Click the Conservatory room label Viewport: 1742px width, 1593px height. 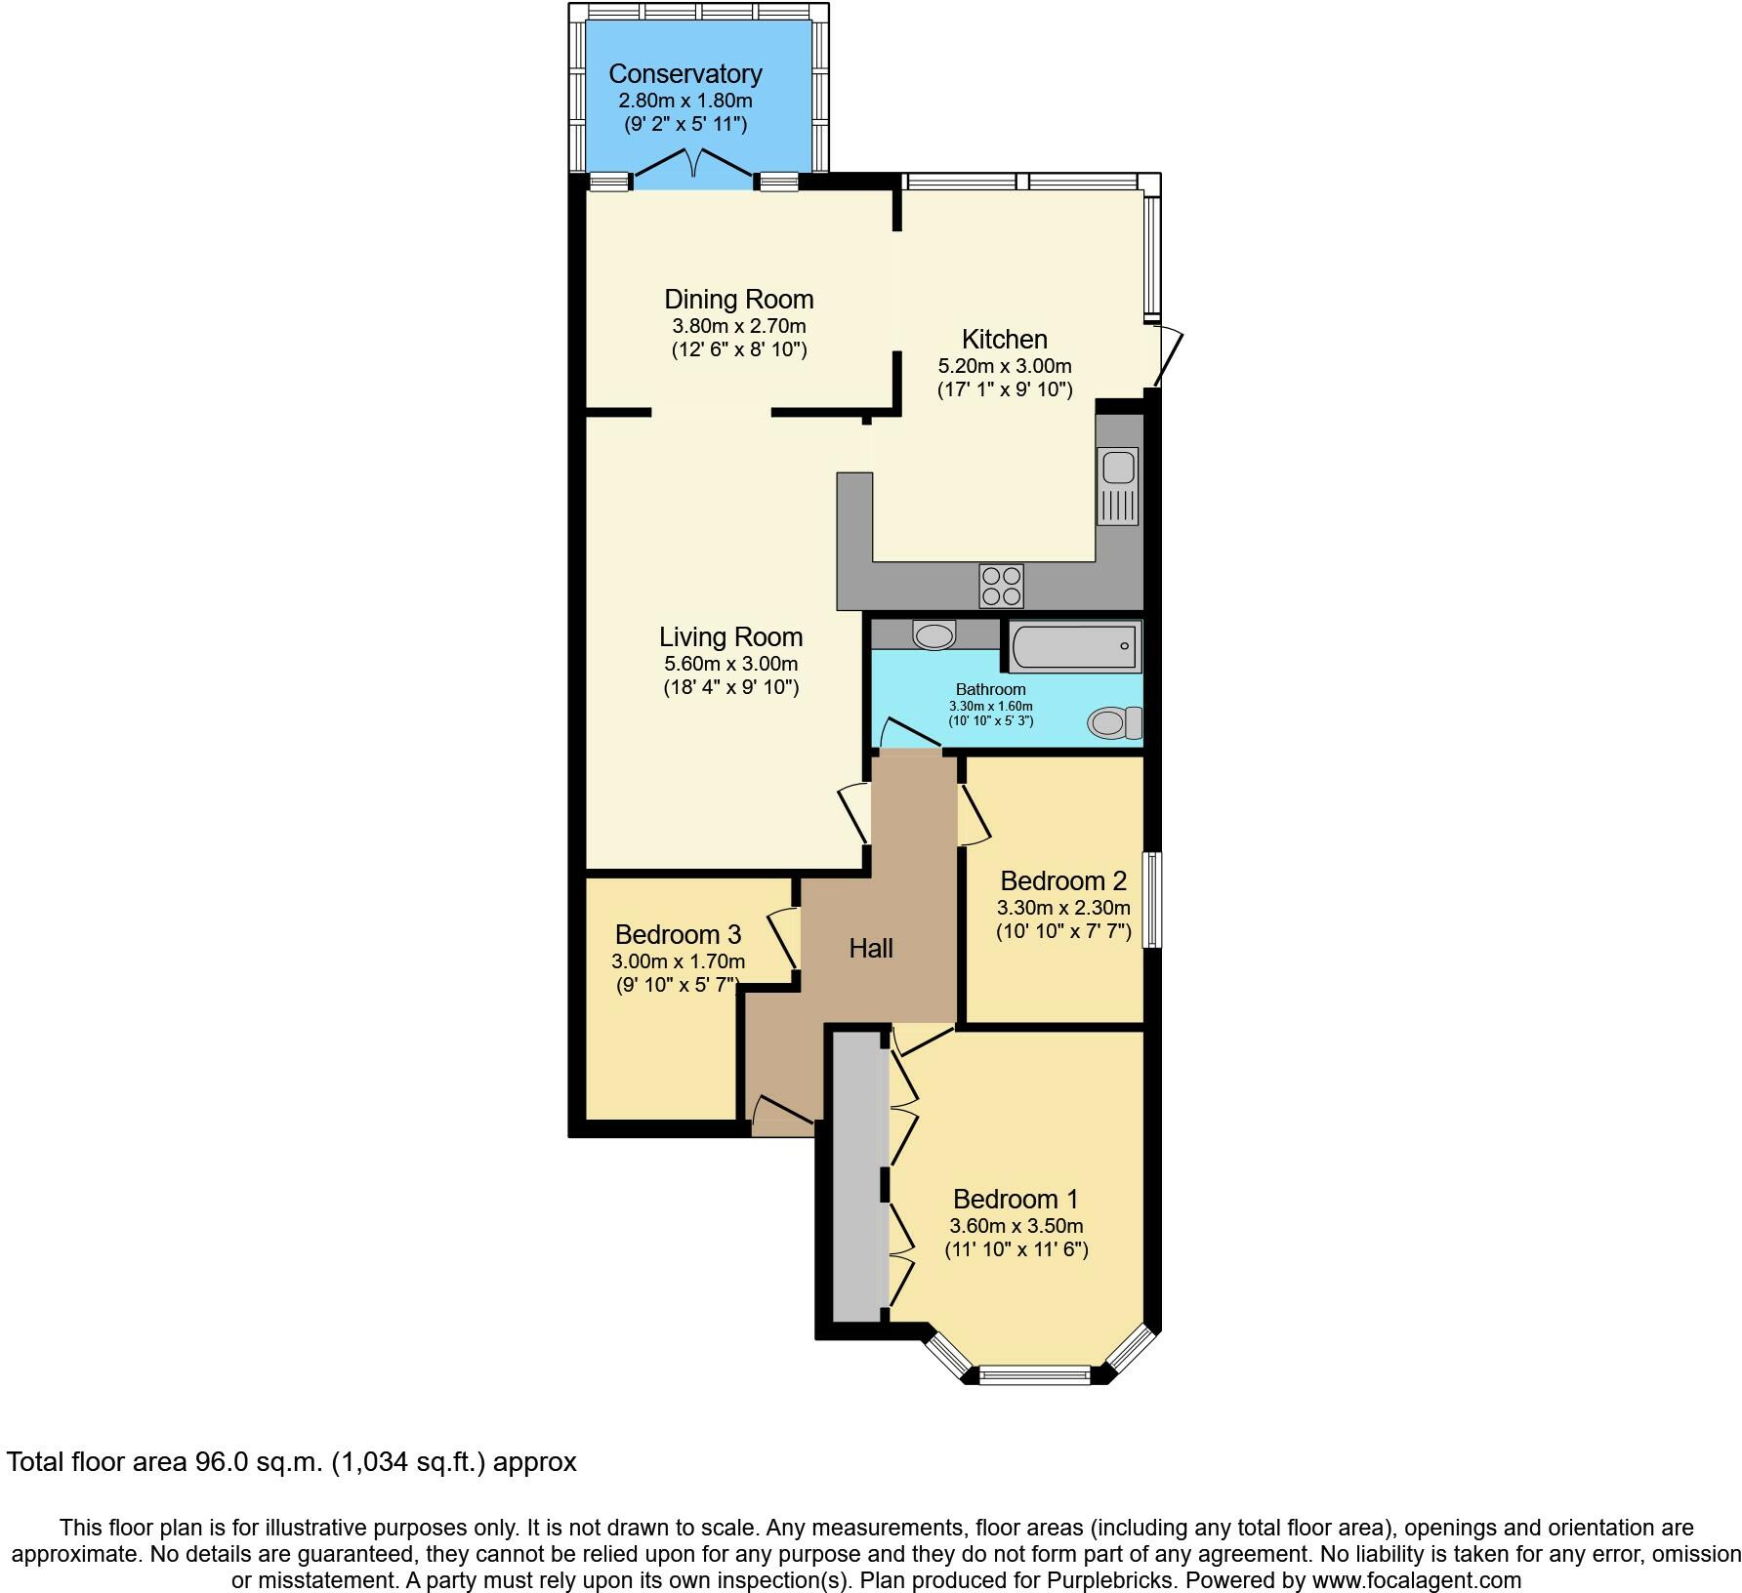[x=684, y=74]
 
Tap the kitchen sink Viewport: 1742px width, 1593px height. [x=1117, y=485]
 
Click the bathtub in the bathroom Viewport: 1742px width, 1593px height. [x=1074, y=646]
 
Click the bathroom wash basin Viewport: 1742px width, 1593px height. [x=933, y=635]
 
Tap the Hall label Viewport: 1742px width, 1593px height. [x=870, y=948]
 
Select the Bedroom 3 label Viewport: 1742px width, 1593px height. [x=678, y=934]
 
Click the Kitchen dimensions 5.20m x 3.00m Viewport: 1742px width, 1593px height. [x=1004, y=366]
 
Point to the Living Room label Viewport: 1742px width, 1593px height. [x=730, y=636]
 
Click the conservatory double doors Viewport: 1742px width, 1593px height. [x=694, y=164]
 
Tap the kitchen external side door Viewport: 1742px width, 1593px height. [x=1169, y=357]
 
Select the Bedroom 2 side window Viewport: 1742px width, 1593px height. [x=1152, y=899]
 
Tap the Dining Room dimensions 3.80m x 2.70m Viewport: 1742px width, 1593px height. [x=738, y=326]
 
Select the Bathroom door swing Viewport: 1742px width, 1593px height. [x=908, y=734]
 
